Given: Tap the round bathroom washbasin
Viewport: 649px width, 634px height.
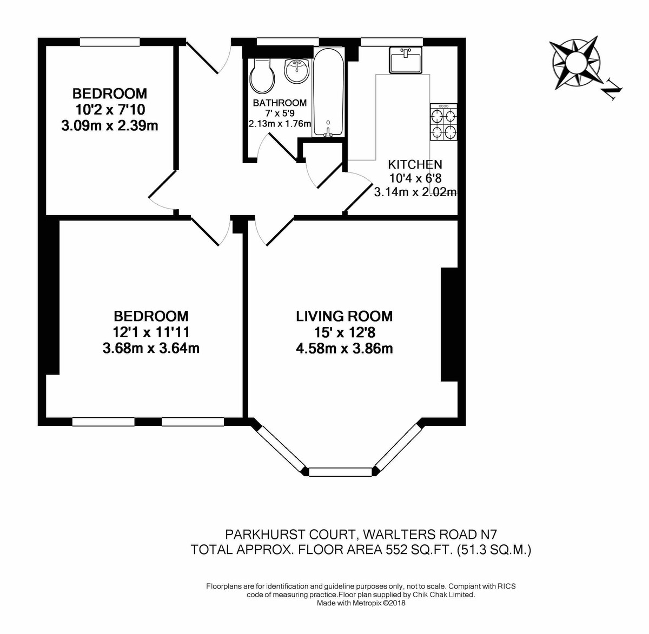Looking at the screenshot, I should point(296,71).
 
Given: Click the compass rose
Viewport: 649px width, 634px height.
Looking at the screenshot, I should point(574,62).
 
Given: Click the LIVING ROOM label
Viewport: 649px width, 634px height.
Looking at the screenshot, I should point(345,316).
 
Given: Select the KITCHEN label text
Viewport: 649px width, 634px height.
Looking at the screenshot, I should point(415,164).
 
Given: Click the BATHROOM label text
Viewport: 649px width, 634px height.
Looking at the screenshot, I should point(280,103).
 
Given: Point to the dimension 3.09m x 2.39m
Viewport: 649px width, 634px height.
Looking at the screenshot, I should point(110,126).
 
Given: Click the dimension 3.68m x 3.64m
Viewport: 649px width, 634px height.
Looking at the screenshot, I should point(151,349).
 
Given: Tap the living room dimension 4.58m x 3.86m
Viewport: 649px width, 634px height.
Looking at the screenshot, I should point(345,349).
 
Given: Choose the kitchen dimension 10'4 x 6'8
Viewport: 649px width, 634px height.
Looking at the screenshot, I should point(415,178).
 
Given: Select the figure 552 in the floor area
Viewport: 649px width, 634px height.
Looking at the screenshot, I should point(397,550).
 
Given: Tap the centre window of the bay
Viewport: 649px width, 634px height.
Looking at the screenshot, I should point(341,472).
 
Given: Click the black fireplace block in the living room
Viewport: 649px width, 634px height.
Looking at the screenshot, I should point(449,324).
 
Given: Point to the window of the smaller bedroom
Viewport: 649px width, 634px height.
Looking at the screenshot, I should point(110,42).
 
